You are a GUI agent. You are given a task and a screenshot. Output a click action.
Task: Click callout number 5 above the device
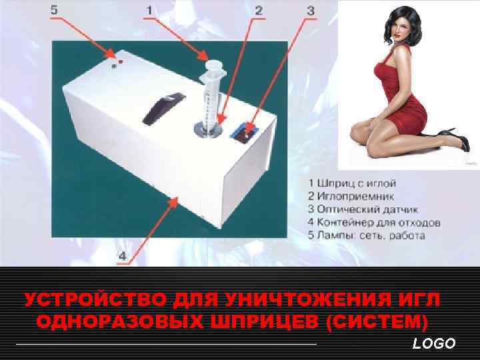point(54,10)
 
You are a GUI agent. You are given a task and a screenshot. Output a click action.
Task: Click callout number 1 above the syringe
point(149,11)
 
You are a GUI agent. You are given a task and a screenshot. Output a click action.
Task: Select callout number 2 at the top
point(259,11)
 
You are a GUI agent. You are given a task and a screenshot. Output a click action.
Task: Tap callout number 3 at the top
point(311,11)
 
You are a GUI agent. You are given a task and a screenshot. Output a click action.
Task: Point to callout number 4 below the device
point(123,256)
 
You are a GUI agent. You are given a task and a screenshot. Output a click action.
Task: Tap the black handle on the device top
point(164,109)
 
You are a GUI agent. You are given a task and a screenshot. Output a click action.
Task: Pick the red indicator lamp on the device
point(121,62)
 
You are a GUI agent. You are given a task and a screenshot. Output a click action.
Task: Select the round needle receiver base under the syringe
point(208,129)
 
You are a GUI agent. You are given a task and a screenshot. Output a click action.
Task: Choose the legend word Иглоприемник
point(356,196)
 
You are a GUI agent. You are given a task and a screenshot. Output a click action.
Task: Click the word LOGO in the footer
point(434,343)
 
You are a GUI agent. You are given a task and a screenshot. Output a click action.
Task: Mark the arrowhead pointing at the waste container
point(174,203)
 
